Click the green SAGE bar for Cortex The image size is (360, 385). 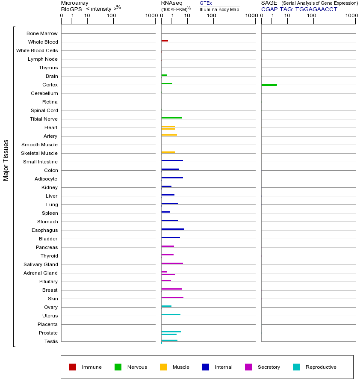click(x=269, y=85)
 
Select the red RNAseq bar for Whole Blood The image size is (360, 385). click(x=165, y=41)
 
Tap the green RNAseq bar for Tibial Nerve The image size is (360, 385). click(x=171, y=118)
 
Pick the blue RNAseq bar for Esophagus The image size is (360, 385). click(x=173, y=229)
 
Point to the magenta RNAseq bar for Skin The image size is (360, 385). click(x=172, y=297)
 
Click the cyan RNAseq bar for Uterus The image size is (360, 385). click(x=171, y=314)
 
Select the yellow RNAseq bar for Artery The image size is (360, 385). click(x=169, y=135)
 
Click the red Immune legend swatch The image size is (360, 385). click(x=73, y=367)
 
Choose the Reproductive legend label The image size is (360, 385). click(x=321, y=367)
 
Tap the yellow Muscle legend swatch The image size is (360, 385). click(x=163, y=367)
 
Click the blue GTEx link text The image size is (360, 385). click(x=206, y=3)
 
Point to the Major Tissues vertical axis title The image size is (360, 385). click(x=6, y=160)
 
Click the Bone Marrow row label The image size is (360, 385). click(x=42, y=33)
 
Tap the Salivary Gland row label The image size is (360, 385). click(x=41, y=264)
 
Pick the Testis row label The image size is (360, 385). click(x=51, y=341)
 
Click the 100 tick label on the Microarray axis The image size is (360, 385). click(x=111, y=16)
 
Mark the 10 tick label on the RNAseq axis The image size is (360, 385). click(x=187, y=16)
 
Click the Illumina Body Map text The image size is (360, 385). click(x=219, y=9)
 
